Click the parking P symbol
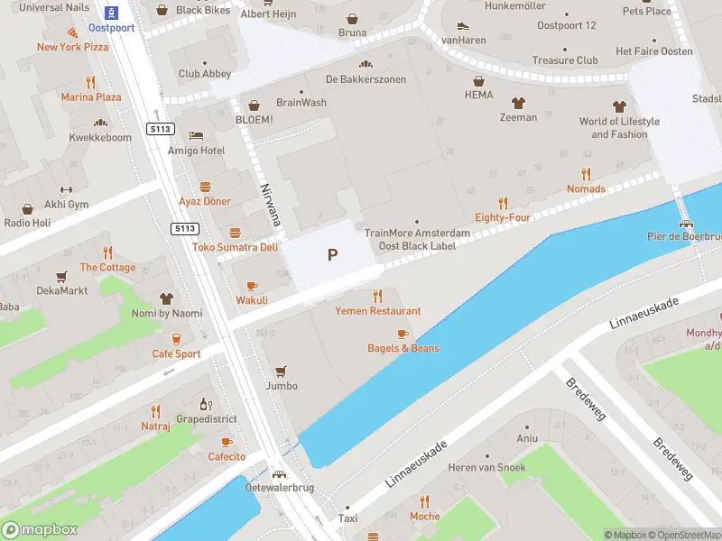tap(332, 255)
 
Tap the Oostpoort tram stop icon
tap(111, 13)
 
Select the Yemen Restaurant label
tap(377, 311)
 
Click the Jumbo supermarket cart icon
tap(281, 371)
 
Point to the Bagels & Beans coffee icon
tap(403, 333)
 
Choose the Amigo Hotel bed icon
tap(196, 135)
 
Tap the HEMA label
tap(478, 95)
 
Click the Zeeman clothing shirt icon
tap(518, 103)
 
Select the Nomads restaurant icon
tap(586, 174)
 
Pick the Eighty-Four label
tap(503, 217)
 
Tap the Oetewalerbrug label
tap(280, 488)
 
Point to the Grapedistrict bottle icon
tap(206, 405)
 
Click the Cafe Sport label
tap(176, 353)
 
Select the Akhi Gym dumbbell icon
tap(65, 189)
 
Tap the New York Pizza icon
tap(71, 32)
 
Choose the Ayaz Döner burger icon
tap(205, 187)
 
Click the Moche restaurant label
tap(424, 517)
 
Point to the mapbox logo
tap(40, 530)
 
